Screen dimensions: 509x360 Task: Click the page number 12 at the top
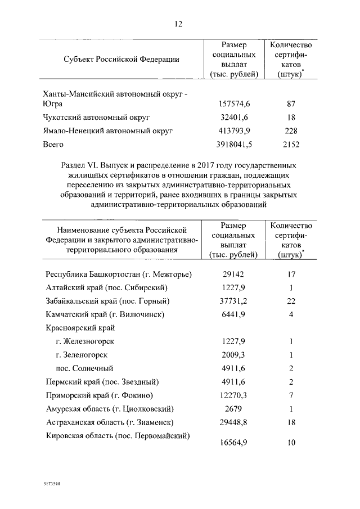(x=179, y=24)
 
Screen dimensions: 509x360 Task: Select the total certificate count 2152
(x=291, y=145)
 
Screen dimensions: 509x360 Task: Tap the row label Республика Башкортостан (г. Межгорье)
(x=118, y=274)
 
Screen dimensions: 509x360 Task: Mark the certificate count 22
(x=291, y=301)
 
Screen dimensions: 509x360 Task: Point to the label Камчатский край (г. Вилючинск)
(x=106, y=314)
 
